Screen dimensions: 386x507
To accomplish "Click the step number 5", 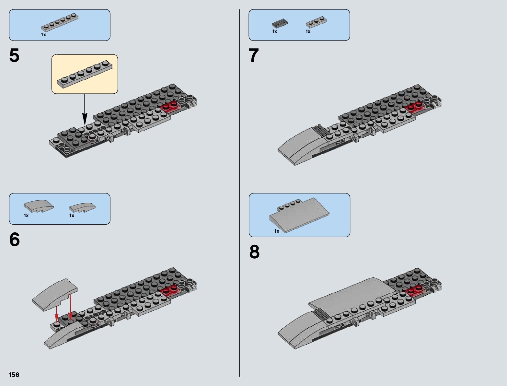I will click(15, 56).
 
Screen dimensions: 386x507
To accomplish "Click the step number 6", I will click(15, 240).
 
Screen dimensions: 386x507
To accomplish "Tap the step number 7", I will click(254, 56).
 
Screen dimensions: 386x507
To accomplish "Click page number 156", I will click(14, 375).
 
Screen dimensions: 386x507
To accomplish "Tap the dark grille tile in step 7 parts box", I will click(280, 23).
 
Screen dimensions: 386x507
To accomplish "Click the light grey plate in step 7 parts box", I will click(316, 22).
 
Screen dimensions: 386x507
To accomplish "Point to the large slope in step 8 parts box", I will click(299, 215).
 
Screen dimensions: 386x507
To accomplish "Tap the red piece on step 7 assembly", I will click(415, 106).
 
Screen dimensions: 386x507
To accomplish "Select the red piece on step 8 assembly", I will click(415, 289).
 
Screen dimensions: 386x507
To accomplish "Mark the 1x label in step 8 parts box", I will click(277, 231).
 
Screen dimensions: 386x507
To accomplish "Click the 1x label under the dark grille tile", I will click(275, 32).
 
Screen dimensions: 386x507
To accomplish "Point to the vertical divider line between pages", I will click(240, 194).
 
